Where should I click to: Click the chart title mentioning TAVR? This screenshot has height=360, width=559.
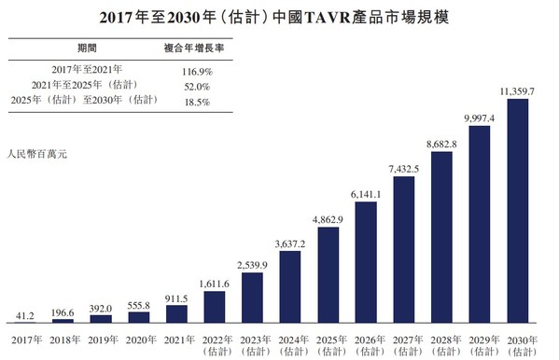(x=279, y=15)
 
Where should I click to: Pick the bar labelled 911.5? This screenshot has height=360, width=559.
(x=177, y=312)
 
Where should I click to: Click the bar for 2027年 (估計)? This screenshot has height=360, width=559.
(x=404, y=248)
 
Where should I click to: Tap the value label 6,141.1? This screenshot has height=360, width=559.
(x=366, y=192)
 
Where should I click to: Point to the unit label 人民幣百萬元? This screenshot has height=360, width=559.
(x=37, y=152)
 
